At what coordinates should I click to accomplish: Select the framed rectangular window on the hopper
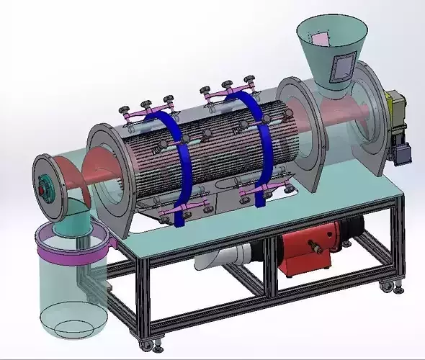(x=340, y=67)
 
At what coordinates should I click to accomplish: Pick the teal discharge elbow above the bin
(x=75, y=216)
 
